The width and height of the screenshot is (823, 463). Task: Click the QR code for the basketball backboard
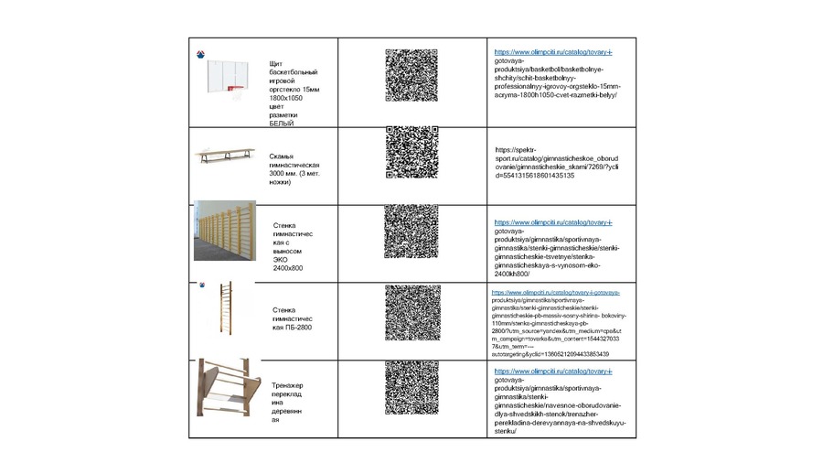click(411, 75)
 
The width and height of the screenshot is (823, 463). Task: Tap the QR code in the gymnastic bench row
click(411, 152)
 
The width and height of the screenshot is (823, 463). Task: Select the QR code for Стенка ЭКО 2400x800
click(411, 231)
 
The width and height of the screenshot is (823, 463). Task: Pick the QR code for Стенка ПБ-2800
click(412, 313)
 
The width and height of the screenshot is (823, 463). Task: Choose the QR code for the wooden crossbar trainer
click(411, 388)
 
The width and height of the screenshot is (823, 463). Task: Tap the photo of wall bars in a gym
click(224, 231)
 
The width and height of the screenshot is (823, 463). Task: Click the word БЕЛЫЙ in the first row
click(282, 124)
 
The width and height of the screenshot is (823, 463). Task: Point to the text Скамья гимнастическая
click(294, 160)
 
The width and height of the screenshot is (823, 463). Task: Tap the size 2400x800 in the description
click(288, 268)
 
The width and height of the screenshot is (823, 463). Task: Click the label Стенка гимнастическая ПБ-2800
click(293, 318)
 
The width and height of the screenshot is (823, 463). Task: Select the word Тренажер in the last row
click(287, 385)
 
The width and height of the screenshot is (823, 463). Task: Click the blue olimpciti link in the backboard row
click(552, 52)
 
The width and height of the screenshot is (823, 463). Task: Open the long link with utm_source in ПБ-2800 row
click(556, 323)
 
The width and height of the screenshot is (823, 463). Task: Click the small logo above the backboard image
click(201, 55)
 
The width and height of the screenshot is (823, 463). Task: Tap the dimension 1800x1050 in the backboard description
click(285, 98)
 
